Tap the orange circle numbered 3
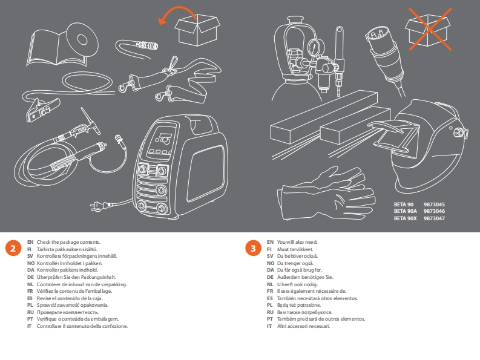(x=253, y=248)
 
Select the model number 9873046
(x=435, y=211)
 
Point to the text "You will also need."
(x=297, y=241)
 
